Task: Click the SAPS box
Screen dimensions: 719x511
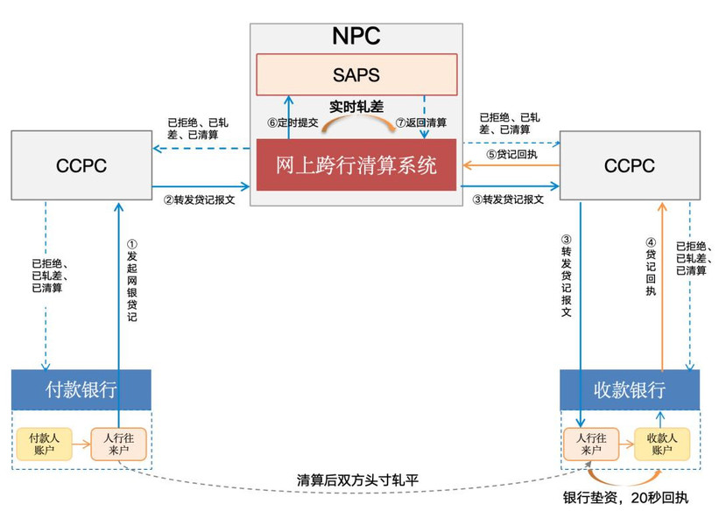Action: (x=356, y=74)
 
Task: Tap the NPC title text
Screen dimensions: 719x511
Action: (x=356, y=36)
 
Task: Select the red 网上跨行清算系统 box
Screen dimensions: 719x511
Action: (x=356, y=165)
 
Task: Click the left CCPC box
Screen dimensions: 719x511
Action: (x=81, y=165)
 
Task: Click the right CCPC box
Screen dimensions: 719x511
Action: (x=630, y=165)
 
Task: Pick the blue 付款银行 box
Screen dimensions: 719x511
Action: (x=81, y=389)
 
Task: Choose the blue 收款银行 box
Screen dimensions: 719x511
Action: (x=630, y=389)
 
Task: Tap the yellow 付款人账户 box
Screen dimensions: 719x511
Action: (x=44, y=444)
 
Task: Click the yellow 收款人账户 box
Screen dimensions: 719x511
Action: (x=662, y=444)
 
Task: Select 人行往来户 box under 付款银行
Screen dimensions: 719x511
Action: (x=118, y=444)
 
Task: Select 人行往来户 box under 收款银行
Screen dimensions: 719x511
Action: (x=591, y=444)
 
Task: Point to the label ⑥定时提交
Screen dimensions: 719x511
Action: (x=293, y=122)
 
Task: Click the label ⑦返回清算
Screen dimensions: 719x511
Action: (x=421, y=122)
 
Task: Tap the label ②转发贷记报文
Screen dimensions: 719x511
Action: (x=200, y=199)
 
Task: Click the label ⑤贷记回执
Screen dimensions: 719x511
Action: (x=511, y=154)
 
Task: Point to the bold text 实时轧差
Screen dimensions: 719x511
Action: (x=356, y=107)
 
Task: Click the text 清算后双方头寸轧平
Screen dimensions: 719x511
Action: (x=357, y=479)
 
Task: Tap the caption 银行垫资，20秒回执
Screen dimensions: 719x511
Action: (x=626, y=497)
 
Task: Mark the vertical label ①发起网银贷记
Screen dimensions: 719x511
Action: (x=131, y=280)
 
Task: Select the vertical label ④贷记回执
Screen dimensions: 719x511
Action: (x=651, y=266)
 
